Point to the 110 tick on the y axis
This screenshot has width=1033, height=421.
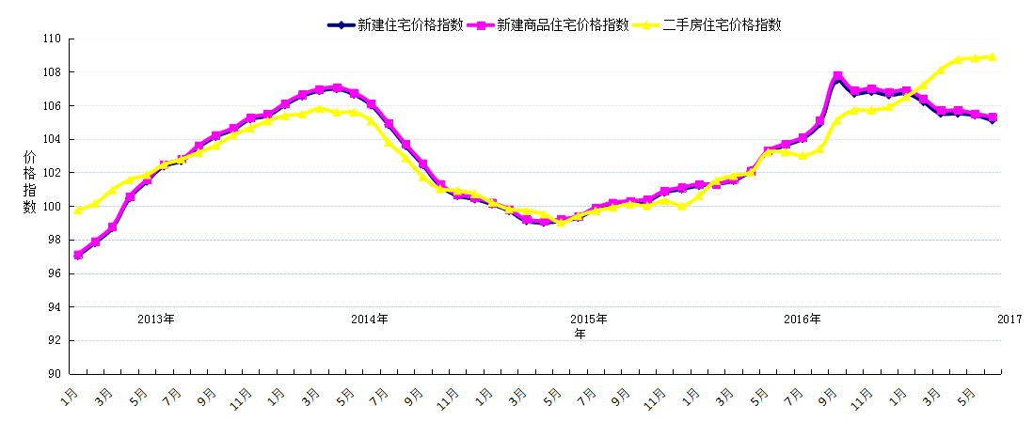coord(51,39)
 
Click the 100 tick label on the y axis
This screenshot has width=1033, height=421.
coord(51,207)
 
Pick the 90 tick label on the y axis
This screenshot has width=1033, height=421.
coord(54,374)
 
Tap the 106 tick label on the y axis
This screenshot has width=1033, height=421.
coord(51,106)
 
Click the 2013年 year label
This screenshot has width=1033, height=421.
coord(156,319)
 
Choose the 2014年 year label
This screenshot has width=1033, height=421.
coord(370,319)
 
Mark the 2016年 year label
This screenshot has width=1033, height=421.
coord(802,319)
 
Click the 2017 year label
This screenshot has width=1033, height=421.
coord(1009,319)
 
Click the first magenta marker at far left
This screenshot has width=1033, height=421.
coord(78,255)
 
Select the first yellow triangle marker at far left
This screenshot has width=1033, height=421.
coord(78,210)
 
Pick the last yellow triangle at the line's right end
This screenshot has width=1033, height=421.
coord(993,56)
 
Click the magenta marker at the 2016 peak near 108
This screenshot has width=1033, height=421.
coord(837,75)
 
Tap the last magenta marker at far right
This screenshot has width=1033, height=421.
coord(993,117)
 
